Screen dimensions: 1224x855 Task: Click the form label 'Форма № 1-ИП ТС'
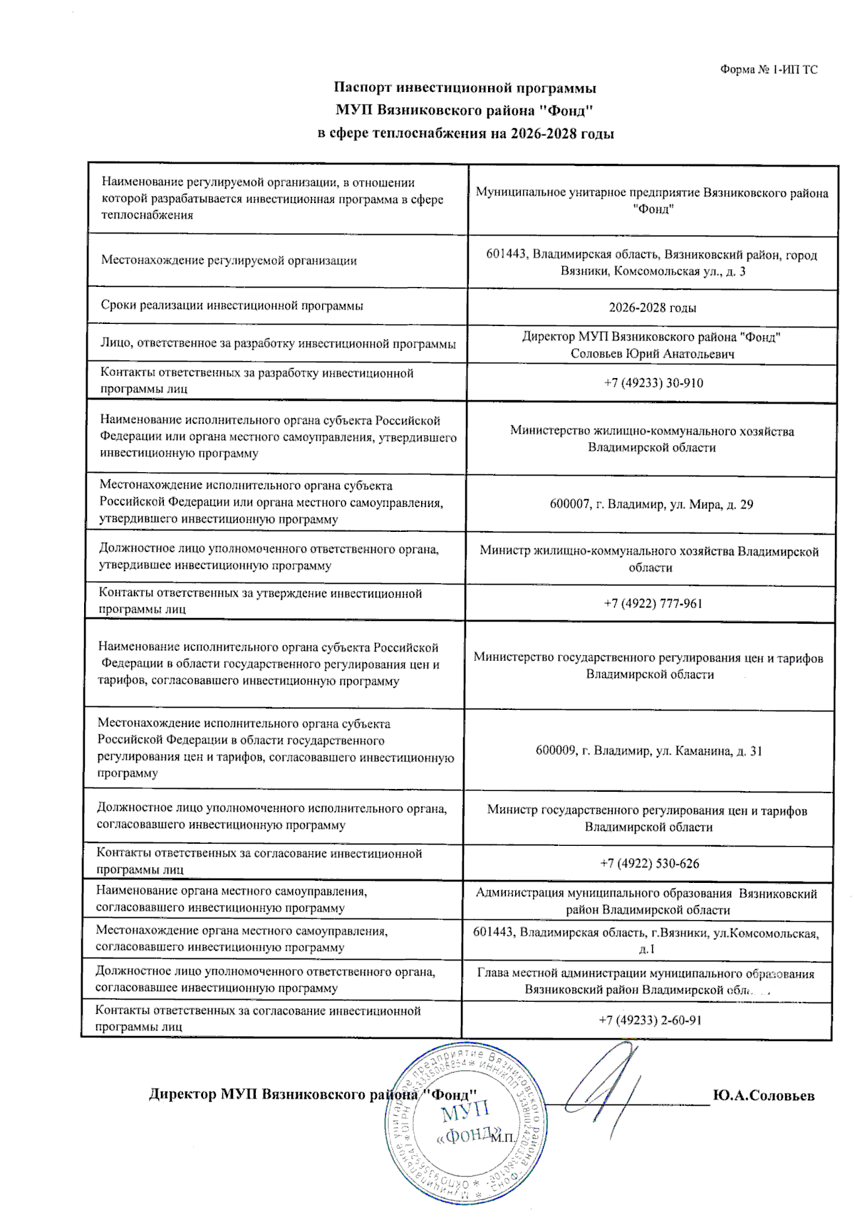point(768,70)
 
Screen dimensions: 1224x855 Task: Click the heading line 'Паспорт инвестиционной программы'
point(465,88)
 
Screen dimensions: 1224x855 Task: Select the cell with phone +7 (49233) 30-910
point(653,383)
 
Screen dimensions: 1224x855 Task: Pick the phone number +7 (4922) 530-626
point(649,864)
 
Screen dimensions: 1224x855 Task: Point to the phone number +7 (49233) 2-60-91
point(650,1020)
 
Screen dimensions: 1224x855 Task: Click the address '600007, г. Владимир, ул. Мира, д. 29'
point(651,505)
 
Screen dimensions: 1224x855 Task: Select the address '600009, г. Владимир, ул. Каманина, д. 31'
point(648,751)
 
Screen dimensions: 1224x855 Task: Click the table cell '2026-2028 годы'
point(652,308)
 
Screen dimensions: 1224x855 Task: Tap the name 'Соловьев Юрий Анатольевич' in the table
point(652,354)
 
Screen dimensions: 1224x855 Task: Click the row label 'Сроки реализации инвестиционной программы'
point(232,306)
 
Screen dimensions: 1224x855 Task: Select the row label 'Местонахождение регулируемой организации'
point(229,261)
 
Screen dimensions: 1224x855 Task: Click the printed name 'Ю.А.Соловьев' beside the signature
point(763,1096)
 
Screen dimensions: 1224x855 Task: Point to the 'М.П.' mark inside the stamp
point(502,1137)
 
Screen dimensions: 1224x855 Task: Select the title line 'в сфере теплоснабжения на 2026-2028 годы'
point(465,134)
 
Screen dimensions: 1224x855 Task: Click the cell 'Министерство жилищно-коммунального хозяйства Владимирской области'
point(651,439)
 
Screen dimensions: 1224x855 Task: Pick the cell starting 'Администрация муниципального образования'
point(646,901)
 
